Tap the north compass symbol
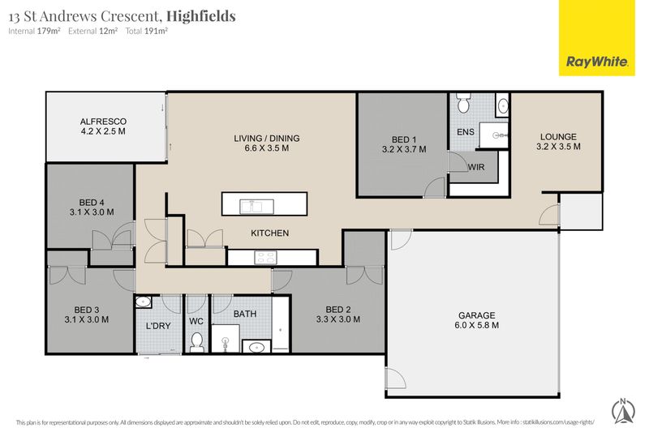click(x=623, y=411)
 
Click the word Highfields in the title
click(x=201, y=16)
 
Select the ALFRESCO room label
click(x=103, y=122)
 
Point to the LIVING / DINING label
click(x=267, y=139)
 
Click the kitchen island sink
click(x=257, y=206)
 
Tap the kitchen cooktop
click(x=265, y=258)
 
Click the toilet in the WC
click(x=197, y=343)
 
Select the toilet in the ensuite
click(x=463, y=103)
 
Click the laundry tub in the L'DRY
click(x=144, y=302)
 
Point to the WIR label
click(x=476, y=168)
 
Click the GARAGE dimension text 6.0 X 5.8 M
click(x=476, y=325)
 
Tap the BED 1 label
click(x=403, y=139)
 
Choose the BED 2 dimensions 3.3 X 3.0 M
click(x=338, y=319)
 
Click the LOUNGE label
click(x=558, y=137)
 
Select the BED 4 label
click(x=92, y=203)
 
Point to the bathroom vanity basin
click(x=256, y=347)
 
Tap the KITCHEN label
click(x=270, y=233)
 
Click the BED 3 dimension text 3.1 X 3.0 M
click(x=87, y=319)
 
